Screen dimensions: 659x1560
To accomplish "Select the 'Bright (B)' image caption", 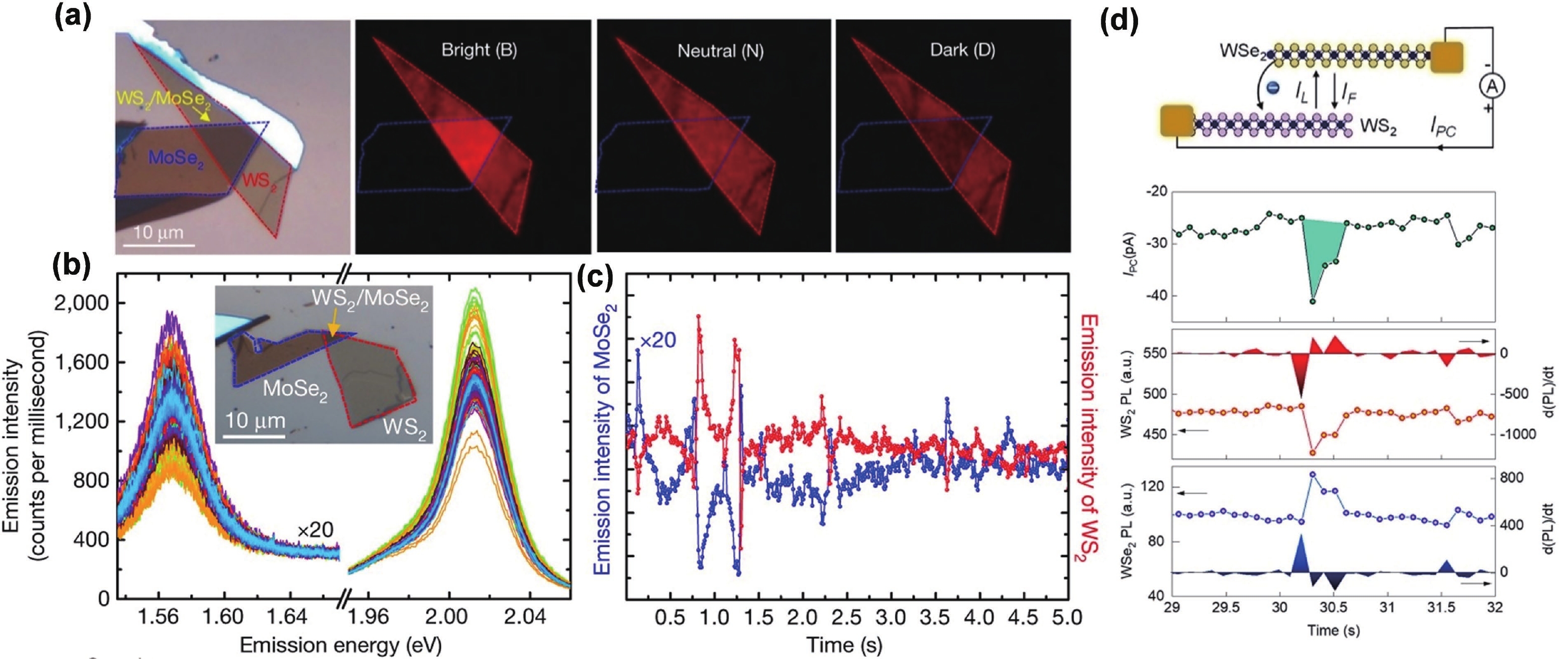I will [479, 51].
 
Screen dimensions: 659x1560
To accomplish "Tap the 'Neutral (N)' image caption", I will [720, 51].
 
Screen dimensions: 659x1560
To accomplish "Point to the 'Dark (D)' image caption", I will [962, 51].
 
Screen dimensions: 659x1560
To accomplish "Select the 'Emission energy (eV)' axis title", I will [340, 645].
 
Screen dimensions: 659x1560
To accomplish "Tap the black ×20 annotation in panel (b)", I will [315, 531].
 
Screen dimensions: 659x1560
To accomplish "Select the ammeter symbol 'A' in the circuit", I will [1493, 87].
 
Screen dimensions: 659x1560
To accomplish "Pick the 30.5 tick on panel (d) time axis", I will [1333, 608].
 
